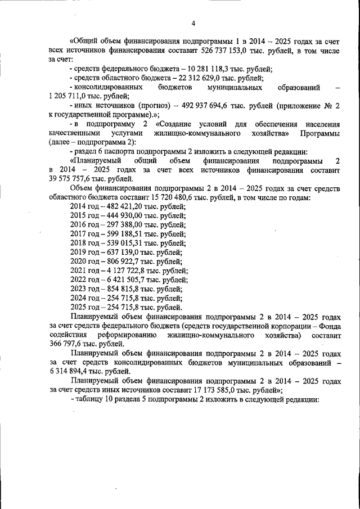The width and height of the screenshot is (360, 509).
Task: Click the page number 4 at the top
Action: [x=193, y=23]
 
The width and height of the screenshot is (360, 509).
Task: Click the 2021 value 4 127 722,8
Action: [x=124, y=271]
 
